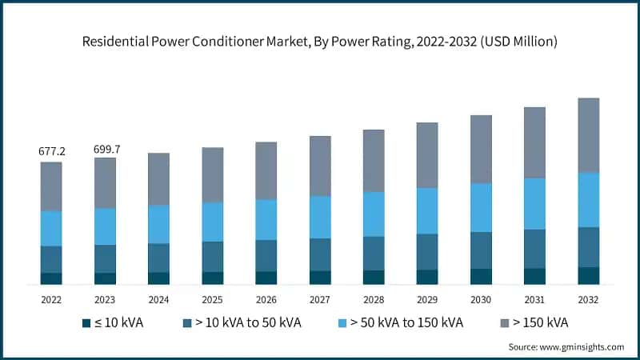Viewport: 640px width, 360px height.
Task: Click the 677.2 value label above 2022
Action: coord(51,150)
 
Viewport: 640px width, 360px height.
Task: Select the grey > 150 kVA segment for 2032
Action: coord(588,135)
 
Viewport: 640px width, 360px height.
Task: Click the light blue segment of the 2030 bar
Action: coord(481,207)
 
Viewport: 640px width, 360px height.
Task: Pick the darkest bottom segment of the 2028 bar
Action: coord(374,277)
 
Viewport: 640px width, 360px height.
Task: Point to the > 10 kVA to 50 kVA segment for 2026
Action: coord(266,255)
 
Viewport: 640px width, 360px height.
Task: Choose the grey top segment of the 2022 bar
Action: coord(51,186)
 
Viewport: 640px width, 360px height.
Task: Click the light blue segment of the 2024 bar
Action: coord(158,224)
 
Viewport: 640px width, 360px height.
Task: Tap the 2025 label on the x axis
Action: coord(212,299)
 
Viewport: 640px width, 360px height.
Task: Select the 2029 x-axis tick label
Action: coord(427,299)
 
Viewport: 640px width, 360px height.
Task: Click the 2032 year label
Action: coord(588,299)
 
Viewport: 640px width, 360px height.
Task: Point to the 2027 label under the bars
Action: coord(320,299)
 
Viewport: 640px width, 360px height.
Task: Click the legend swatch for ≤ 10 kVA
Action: coord(86,323)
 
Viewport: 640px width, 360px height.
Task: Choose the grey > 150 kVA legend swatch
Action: coord(508,323)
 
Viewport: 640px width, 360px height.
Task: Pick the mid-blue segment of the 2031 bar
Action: coord(534,249)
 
